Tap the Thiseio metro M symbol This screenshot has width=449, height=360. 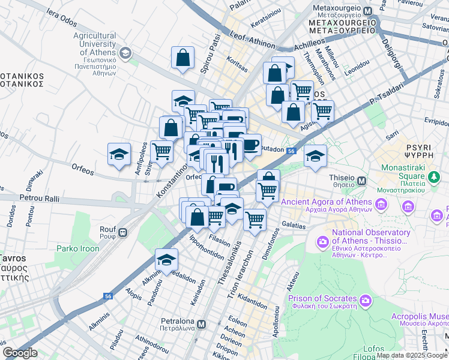[x=362, y=180]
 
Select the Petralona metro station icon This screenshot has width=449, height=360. [x=202, y=324]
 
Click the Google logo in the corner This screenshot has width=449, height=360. [x=20, y=353]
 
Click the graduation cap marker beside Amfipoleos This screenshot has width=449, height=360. [x=119, y=154]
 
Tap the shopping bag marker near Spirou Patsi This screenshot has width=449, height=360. [x=182, y=58]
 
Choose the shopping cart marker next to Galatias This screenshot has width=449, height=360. [x=255, y=220]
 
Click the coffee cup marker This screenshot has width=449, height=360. [x=249, y=144]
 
